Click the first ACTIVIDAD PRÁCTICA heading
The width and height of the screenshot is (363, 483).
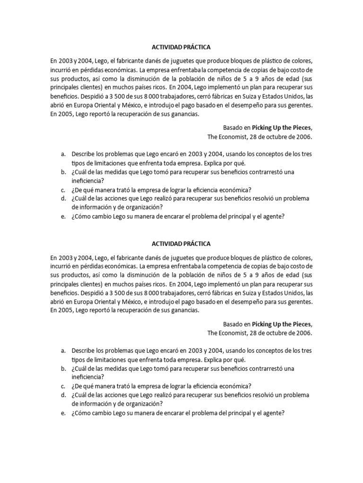(181, 48)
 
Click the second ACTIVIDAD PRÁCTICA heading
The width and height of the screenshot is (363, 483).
(181, 244)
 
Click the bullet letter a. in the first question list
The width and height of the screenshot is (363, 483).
(63, 154)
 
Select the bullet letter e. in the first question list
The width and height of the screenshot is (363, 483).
(63, 217)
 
